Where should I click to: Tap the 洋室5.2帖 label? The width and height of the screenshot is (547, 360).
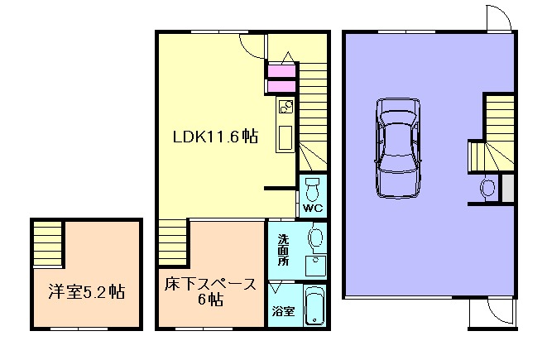tap(80, 291)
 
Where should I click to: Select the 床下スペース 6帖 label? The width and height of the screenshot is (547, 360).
tap(209, 292)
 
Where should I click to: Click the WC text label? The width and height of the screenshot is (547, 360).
tap(311, 207)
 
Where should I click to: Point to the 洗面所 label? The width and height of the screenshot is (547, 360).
tap(282, 247)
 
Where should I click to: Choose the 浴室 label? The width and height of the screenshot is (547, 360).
tap(281, 312)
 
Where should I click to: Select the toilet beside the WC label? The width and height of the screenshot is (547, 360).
tap(312, 185)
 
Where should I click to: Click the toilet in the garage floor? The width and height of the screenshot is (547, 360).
tap(487, 189)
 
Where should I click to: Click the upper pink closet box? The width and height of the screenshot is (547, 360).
tap(281, 70)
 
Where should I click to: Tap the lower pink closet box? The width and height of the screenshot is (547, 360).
tap(281, 86)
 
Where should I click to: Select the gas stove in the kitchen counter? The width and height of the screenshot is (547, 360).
tap(285, 107)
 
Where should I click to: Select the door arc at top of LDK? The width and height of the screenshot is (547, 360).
tap(252, 45)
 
